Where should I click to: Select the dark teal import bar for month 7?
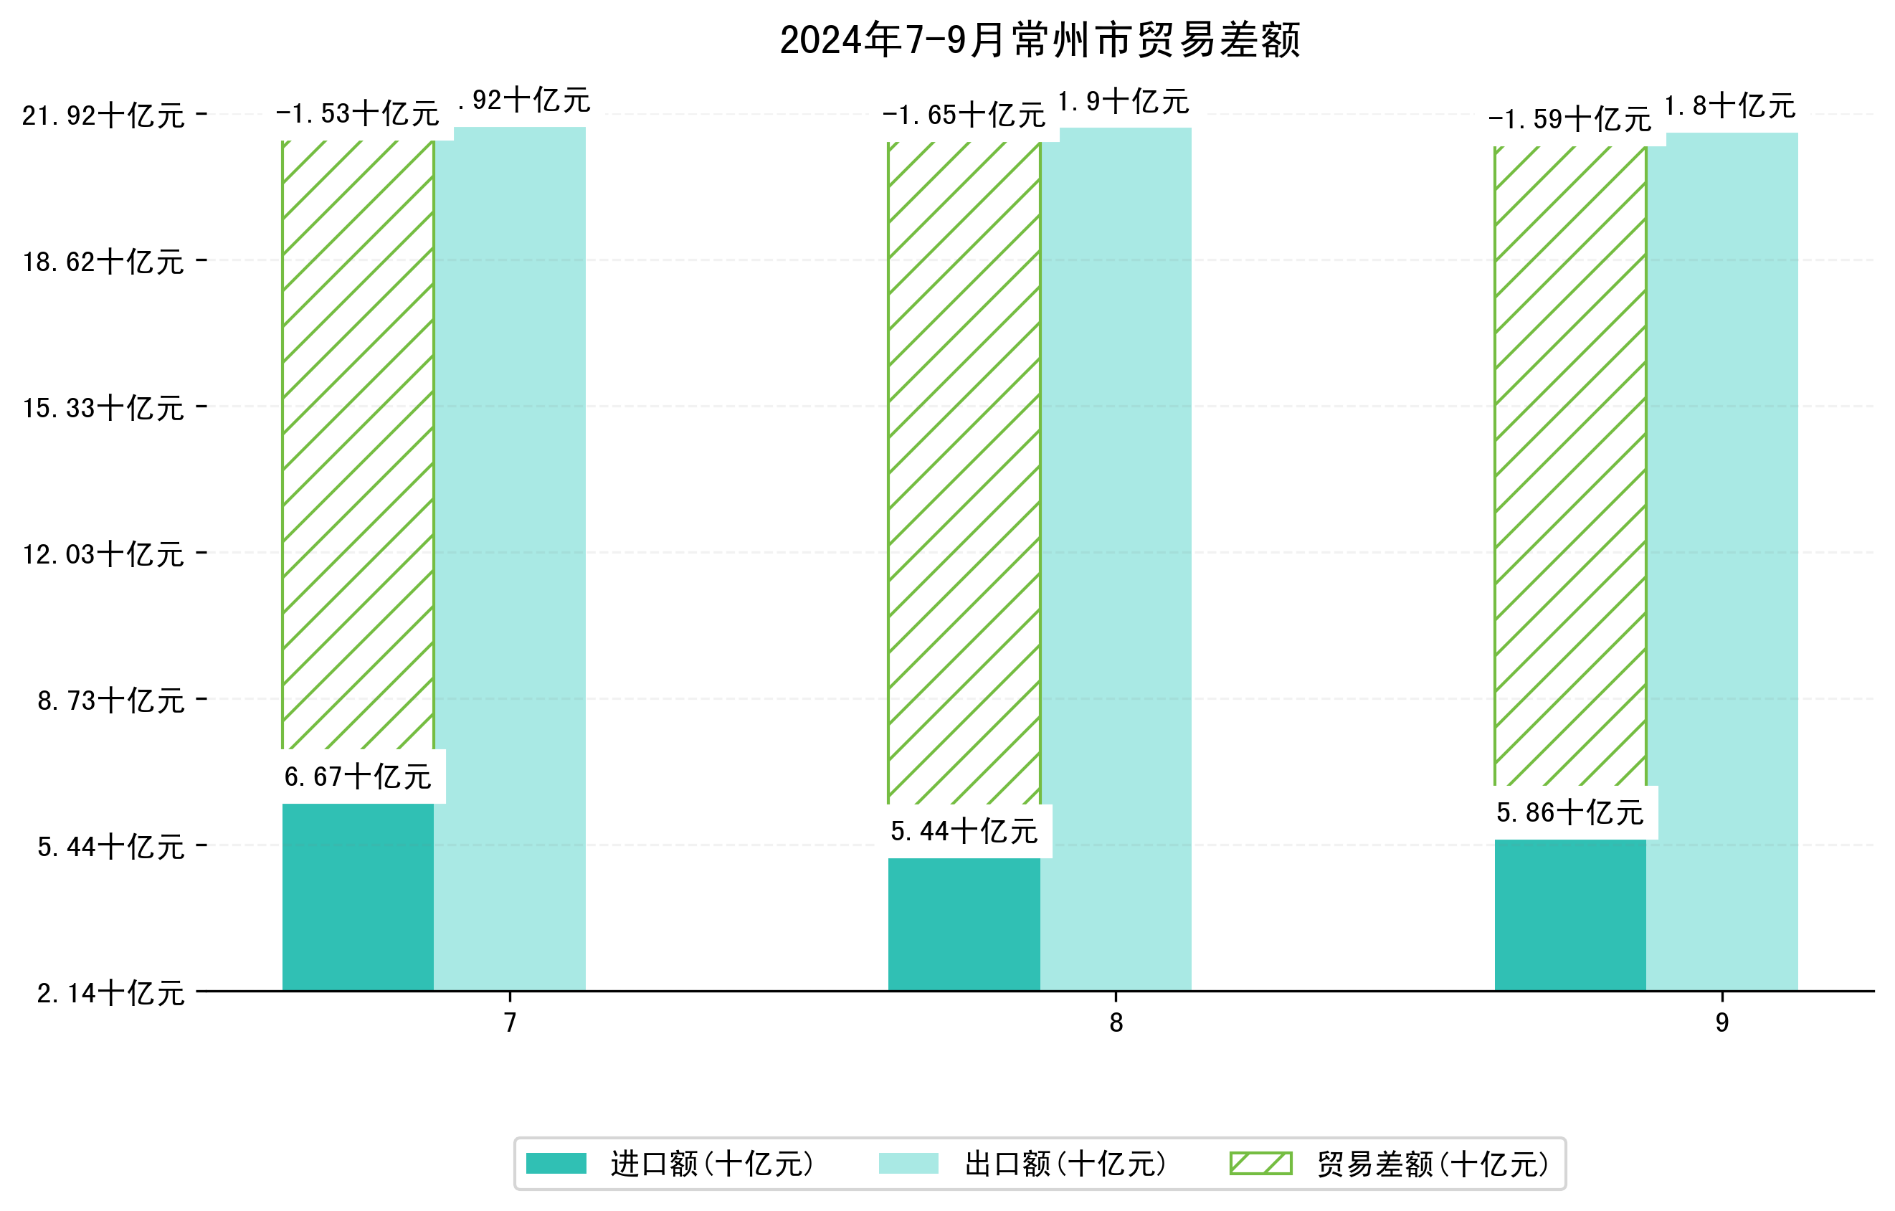[x=357, y=897]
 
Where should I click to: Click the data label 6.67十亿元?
[x=357, y=777]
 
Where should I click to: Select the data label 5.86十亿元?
[x=1570, y=812]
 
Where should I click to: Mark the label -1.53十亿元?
[x=357, y=113]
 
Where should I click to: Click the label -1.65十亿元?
[x=963, y=115]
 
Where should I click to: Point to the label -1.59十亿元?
[x=1570, y=119]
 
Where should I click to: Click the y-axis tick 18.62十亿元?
[x=103, y=261]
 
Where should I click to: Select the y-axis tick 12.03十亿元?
[x=103, y=554]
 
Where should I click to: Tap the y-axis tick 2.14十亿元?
[x=110, y=993]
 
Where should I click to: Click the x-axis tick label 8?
[x=1115, y=1023]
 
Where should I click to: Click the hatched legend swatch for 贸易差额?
[x=1260, y=1163]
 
